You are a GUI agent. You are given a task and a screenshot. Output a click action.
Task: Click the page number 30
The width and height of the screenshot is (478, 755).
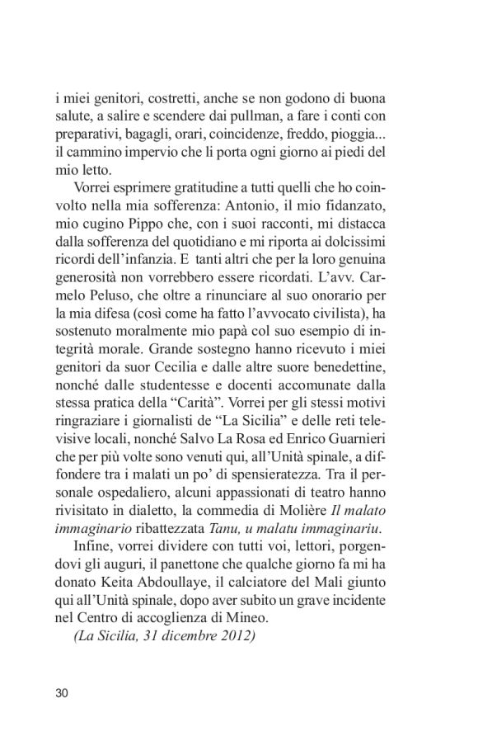click(x=62, y=692)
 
